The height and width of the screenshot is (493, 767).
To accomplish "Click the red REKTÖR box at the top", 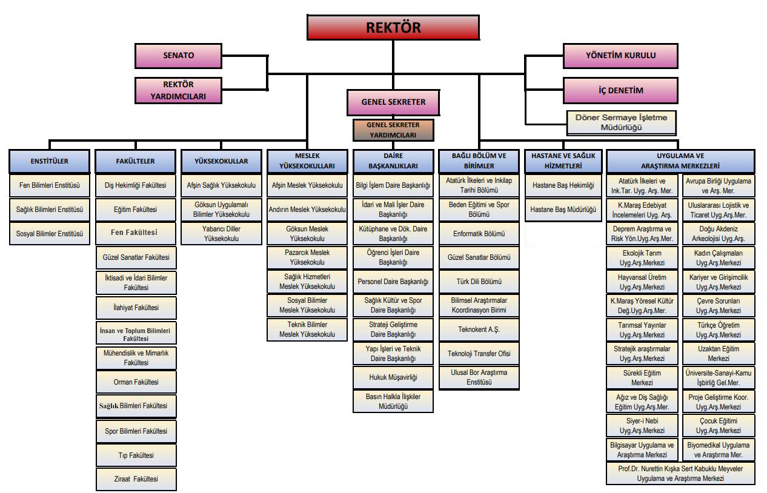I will (393, 27).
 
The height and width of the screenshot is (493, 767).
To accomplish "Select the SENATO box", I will (178, 56).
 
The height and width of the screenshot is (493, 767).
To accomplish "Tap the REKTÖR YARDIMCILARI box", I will (178, 90).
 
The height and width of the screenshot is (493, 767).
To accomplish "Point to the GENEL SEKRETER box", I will (393, 102).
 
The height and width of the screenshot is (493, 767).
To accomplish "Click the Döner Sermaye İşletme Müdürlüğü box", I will (621, 122).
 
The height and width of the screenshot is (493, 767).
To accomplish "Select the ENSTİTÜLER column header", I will (50, 162).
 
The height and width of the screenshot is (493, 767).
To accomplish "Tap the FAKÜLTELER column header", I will (135, 162).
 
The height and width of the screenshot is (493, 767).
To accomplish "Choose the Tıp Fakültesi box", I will (136, 455).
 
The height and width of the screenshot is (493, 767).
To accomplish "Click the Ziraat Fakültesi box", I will (136, 478).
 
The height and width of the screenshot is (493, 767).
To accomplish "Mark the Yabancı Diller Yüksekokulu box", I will (221, 234).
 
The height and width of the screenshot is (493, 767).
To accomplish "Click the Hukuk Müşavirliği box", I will (393, 377).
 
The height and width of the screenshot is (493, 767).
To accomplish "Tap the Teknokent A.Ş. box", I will (479, 329).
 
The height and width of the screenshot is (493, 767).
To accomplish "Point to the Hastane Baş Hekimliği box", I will (563, 185).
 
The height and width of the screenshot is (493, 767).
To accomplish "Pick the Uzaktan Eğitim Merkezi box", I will (719, 354).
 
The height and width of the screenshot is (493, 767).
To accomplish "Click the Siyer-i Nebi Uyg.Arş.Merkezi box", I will (642, 426).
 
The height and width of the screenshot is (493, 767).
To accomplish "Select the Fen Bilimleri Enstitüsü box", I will (50, 185).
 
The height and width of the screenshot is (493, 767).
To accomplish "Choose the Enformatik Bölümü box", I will (479, 234).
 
